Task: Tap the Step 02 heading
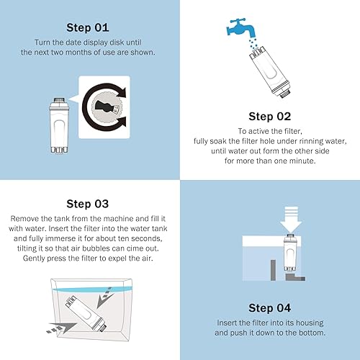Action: tap(269, 116)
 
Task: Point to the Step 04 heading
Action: tap(269, 307)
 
